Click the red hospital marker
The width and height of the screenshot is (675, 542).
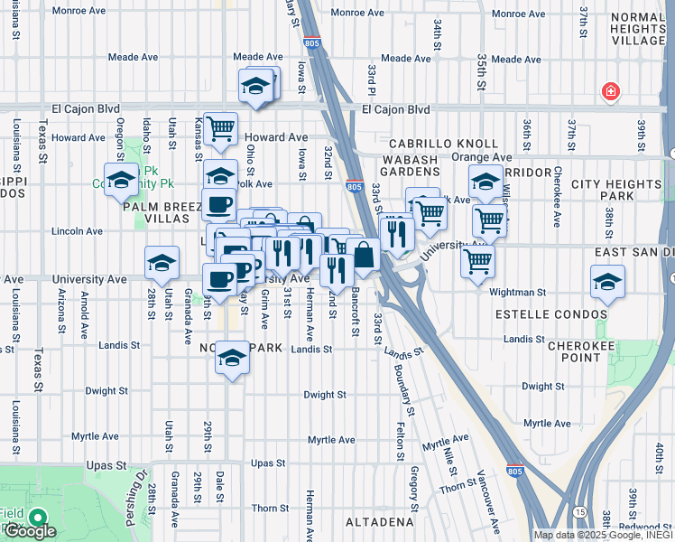[x=611, y=92]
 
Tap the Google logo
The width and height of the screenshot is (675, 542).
[x=30, y=532]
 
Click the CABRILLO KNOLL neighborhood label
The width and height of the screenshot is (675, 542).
[x=443, y=144]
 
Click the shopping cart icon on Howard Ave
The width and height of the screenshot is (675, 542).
[x=220, y=129]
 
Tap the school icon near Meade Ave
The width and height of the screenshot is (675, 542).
[x=256, y=87]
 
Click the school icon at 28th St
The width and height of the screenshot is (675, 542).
[x=162, y=263]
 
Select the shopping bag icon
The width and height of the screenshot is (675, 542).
[x=364, y=256]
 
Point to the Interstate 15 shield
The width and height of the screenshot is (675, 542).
[x=579, y=512]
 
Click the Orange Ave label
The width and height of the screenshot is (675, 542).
[x=469, y=157]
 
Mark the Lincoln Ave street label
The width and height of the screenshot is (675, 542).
[x=78, y=231]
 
